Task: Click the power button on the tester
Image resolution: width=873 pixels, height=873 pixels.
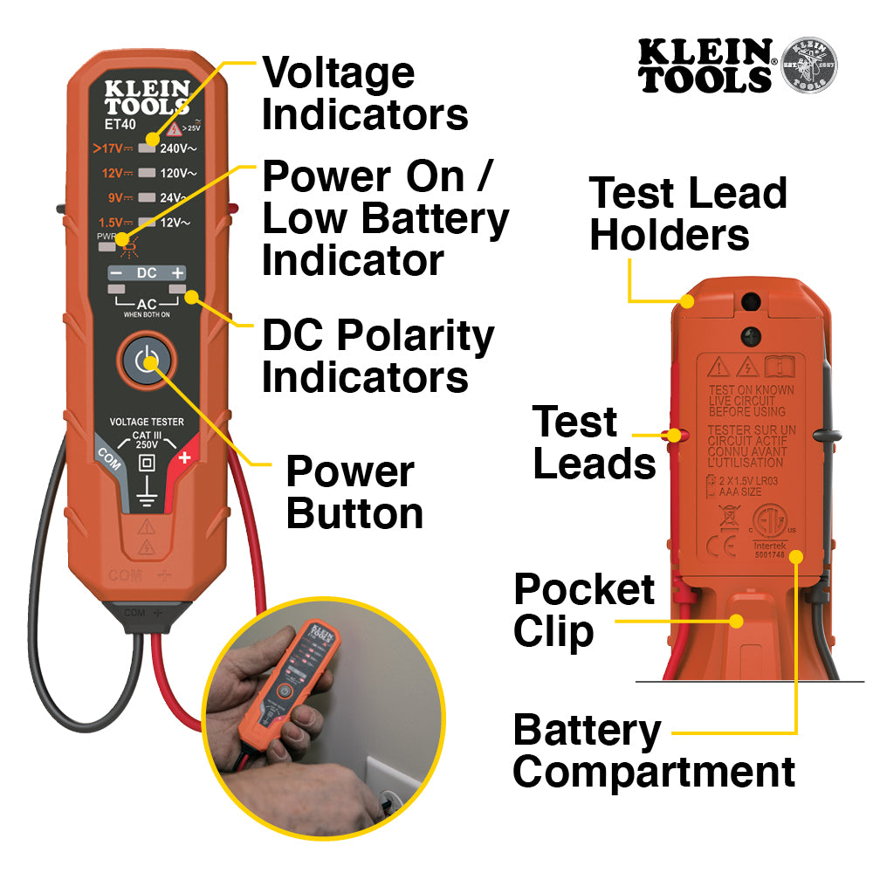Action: [148, 361]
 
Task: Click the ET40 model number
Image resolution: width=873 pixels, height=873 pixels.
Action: [120, 125]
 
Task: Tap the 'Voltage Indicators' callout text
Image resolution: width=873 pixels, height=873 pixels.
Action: [365, 93]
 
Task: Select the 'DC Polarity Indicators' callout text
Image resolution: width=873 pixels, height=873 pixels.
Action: [377, 357]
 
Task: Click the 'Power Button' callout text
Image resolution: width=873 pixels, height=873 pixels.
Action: [354, 492]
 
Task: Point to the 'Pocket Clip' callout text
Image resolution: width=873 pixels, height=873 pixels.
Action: [583, 610]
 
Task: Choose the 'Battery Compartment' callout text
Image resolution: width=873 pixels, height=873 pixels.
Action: [653, 751]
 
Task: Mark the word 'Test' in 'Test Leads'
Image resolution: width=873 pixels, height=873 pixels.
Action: [575, 422]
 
